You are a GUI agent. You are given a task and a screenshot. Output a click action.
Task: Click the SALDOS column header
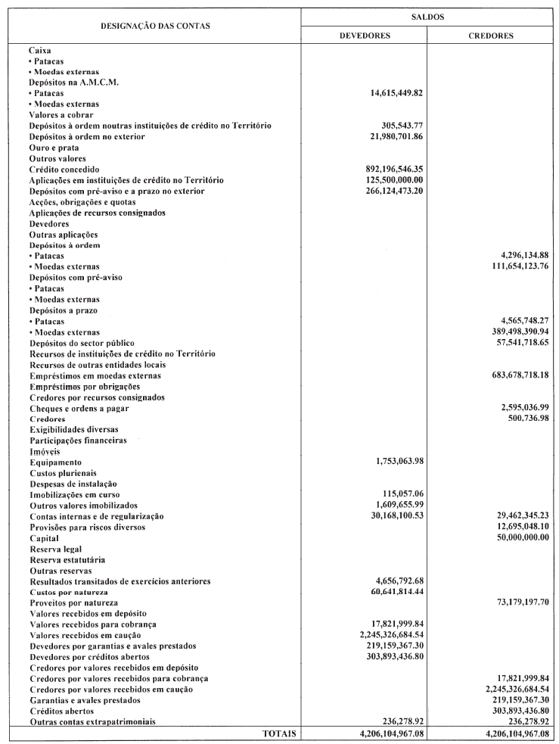tap(427, 15)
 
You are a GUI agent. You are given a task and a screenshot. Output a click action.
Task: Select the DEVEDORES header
tap(364, 35)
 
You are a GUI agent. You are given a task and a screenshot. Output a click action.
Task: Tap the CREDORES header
tap(491, 35)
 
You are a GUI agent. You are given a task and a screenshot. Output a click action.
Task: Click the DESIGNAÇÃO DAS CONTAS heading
tap(155, 26)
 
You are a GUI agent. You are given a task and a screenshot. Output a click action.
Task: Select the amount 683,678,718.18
tap(508, 376)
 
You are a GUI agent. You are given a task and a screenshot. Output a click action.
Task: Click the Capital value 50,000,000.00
tap(511, 537)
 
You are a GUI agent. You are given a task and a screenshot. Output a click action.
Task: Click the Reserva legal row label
tap(56, 548)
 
